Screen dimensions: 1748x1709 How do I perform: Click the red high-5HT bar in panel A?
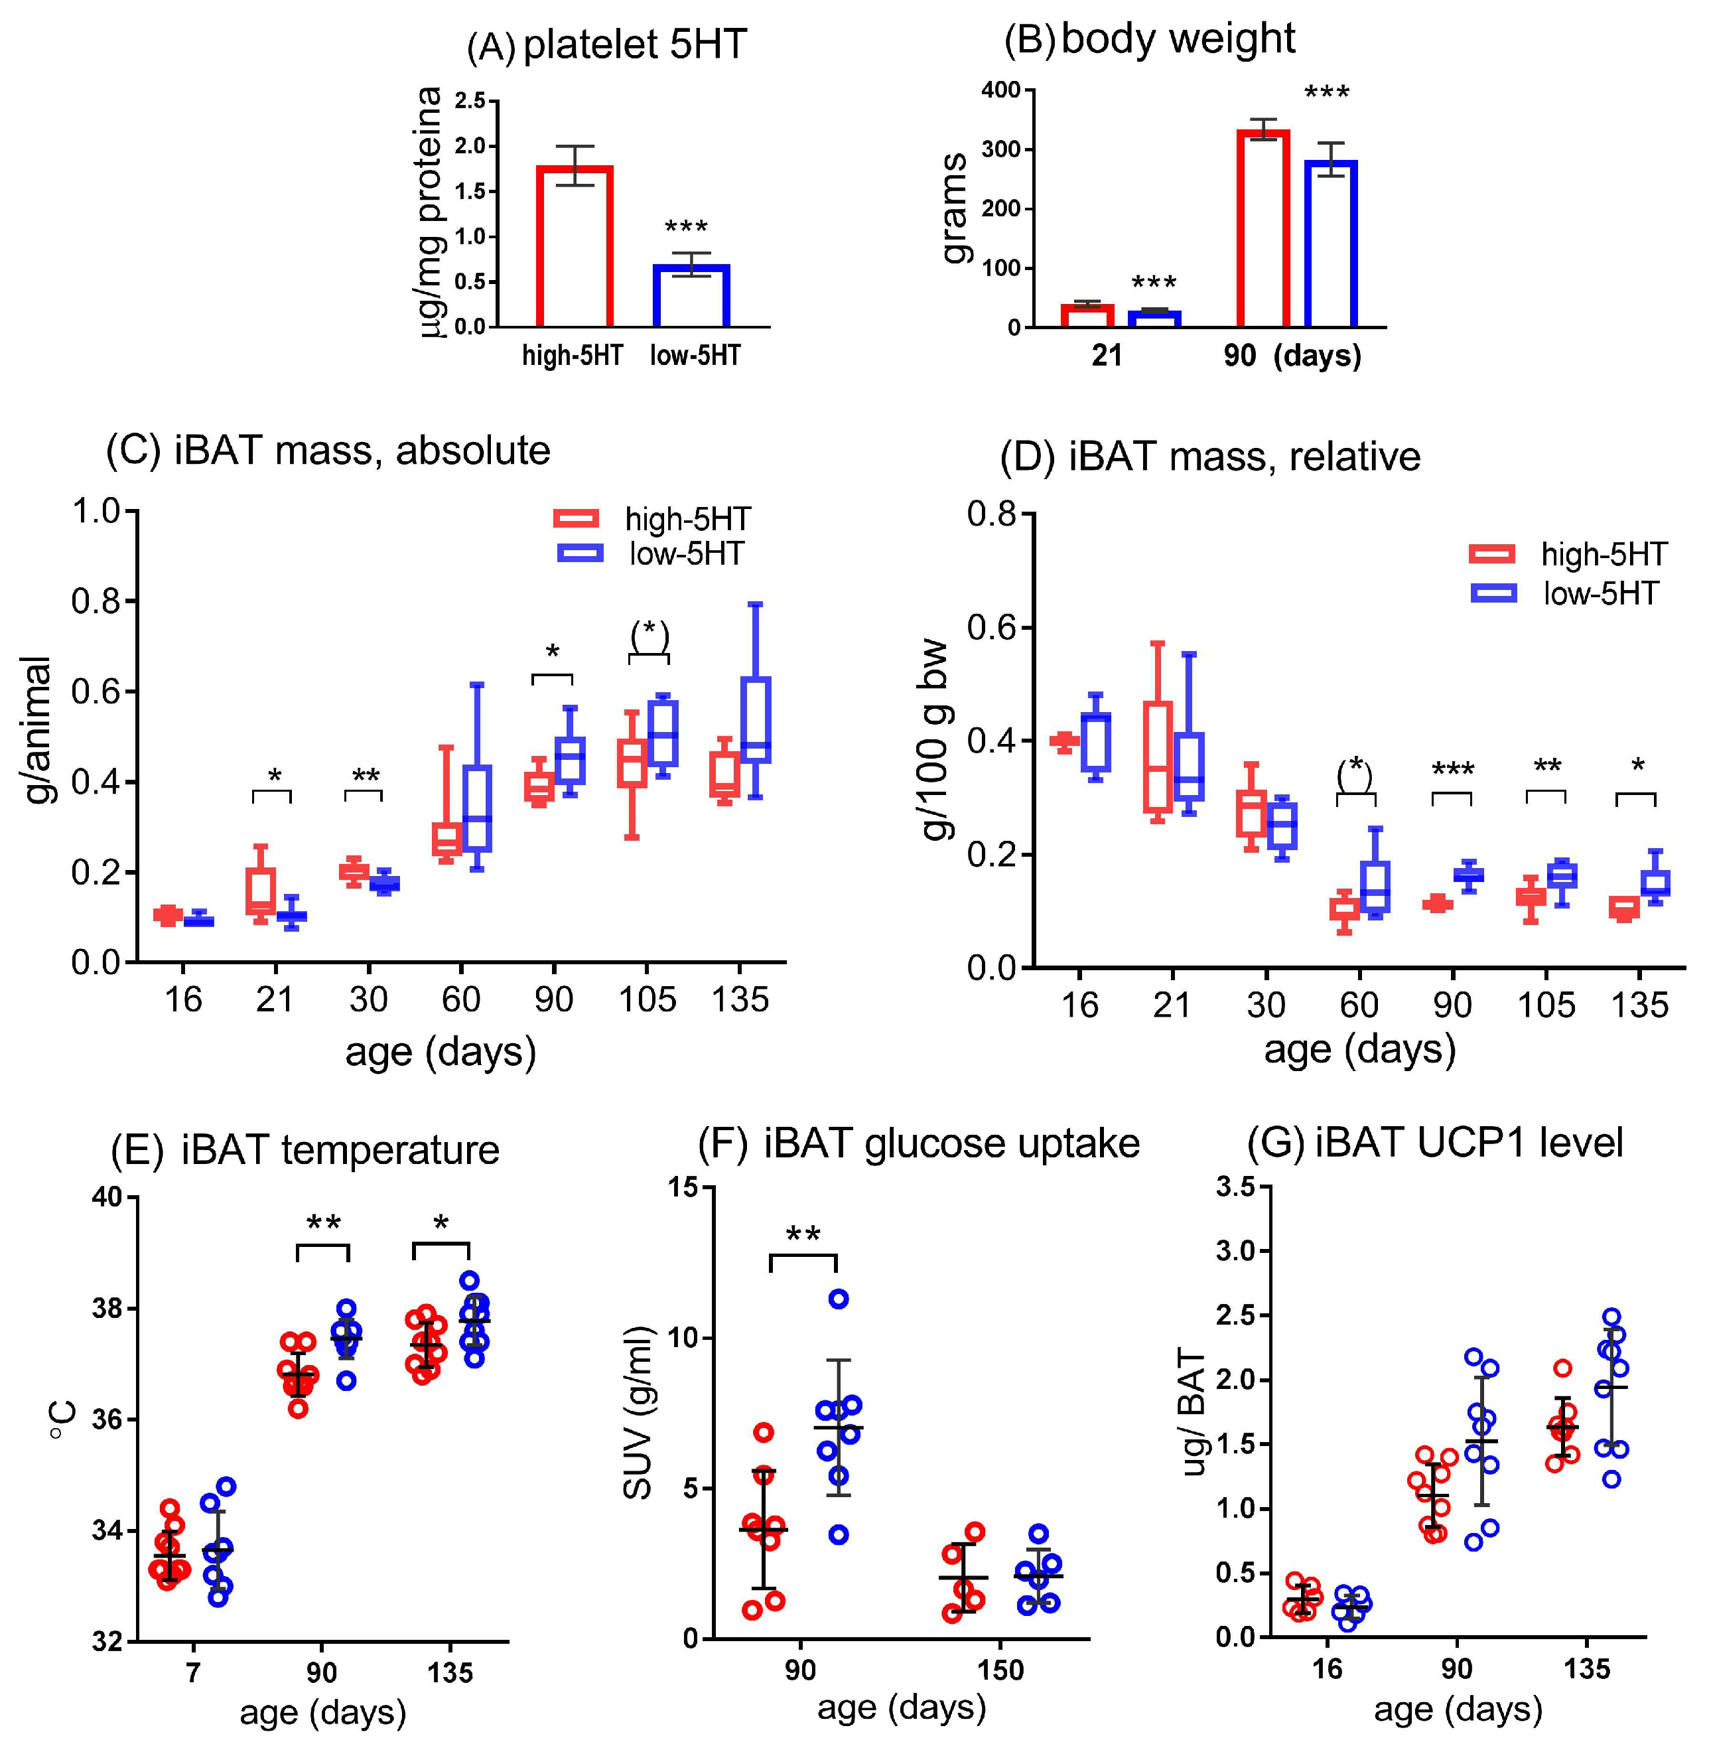point(575,246)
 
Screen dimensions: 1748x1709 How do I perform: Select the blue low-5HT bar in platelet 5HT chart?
point(690,295)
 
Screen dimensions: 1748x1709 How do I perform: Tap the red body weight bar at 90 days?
point(1263,229)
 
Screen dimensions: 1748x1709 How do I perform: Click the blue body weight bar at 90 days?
point(1330,244)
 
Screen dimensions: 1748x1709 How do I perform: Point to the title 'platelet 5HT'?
point(635,45)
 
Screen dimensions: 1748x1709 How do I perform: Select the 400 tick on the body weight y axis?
point(1001,90)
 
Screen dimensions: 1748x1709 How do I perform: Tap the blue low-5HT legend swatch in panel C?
point(580,553)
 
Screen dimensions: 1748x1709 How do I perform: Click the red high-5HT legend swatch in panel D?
point(1493,554)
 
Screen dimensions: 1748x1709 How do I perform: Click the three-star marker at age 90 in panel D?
point(1452,769)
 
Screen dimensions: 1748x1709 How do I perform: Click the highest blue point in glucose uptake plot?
point(839,1299)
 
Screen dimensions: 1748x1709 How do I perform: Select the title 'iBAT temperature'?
point(340,1150)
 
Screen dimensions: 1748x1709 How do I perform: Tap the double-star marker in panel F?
point(803,1234)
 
